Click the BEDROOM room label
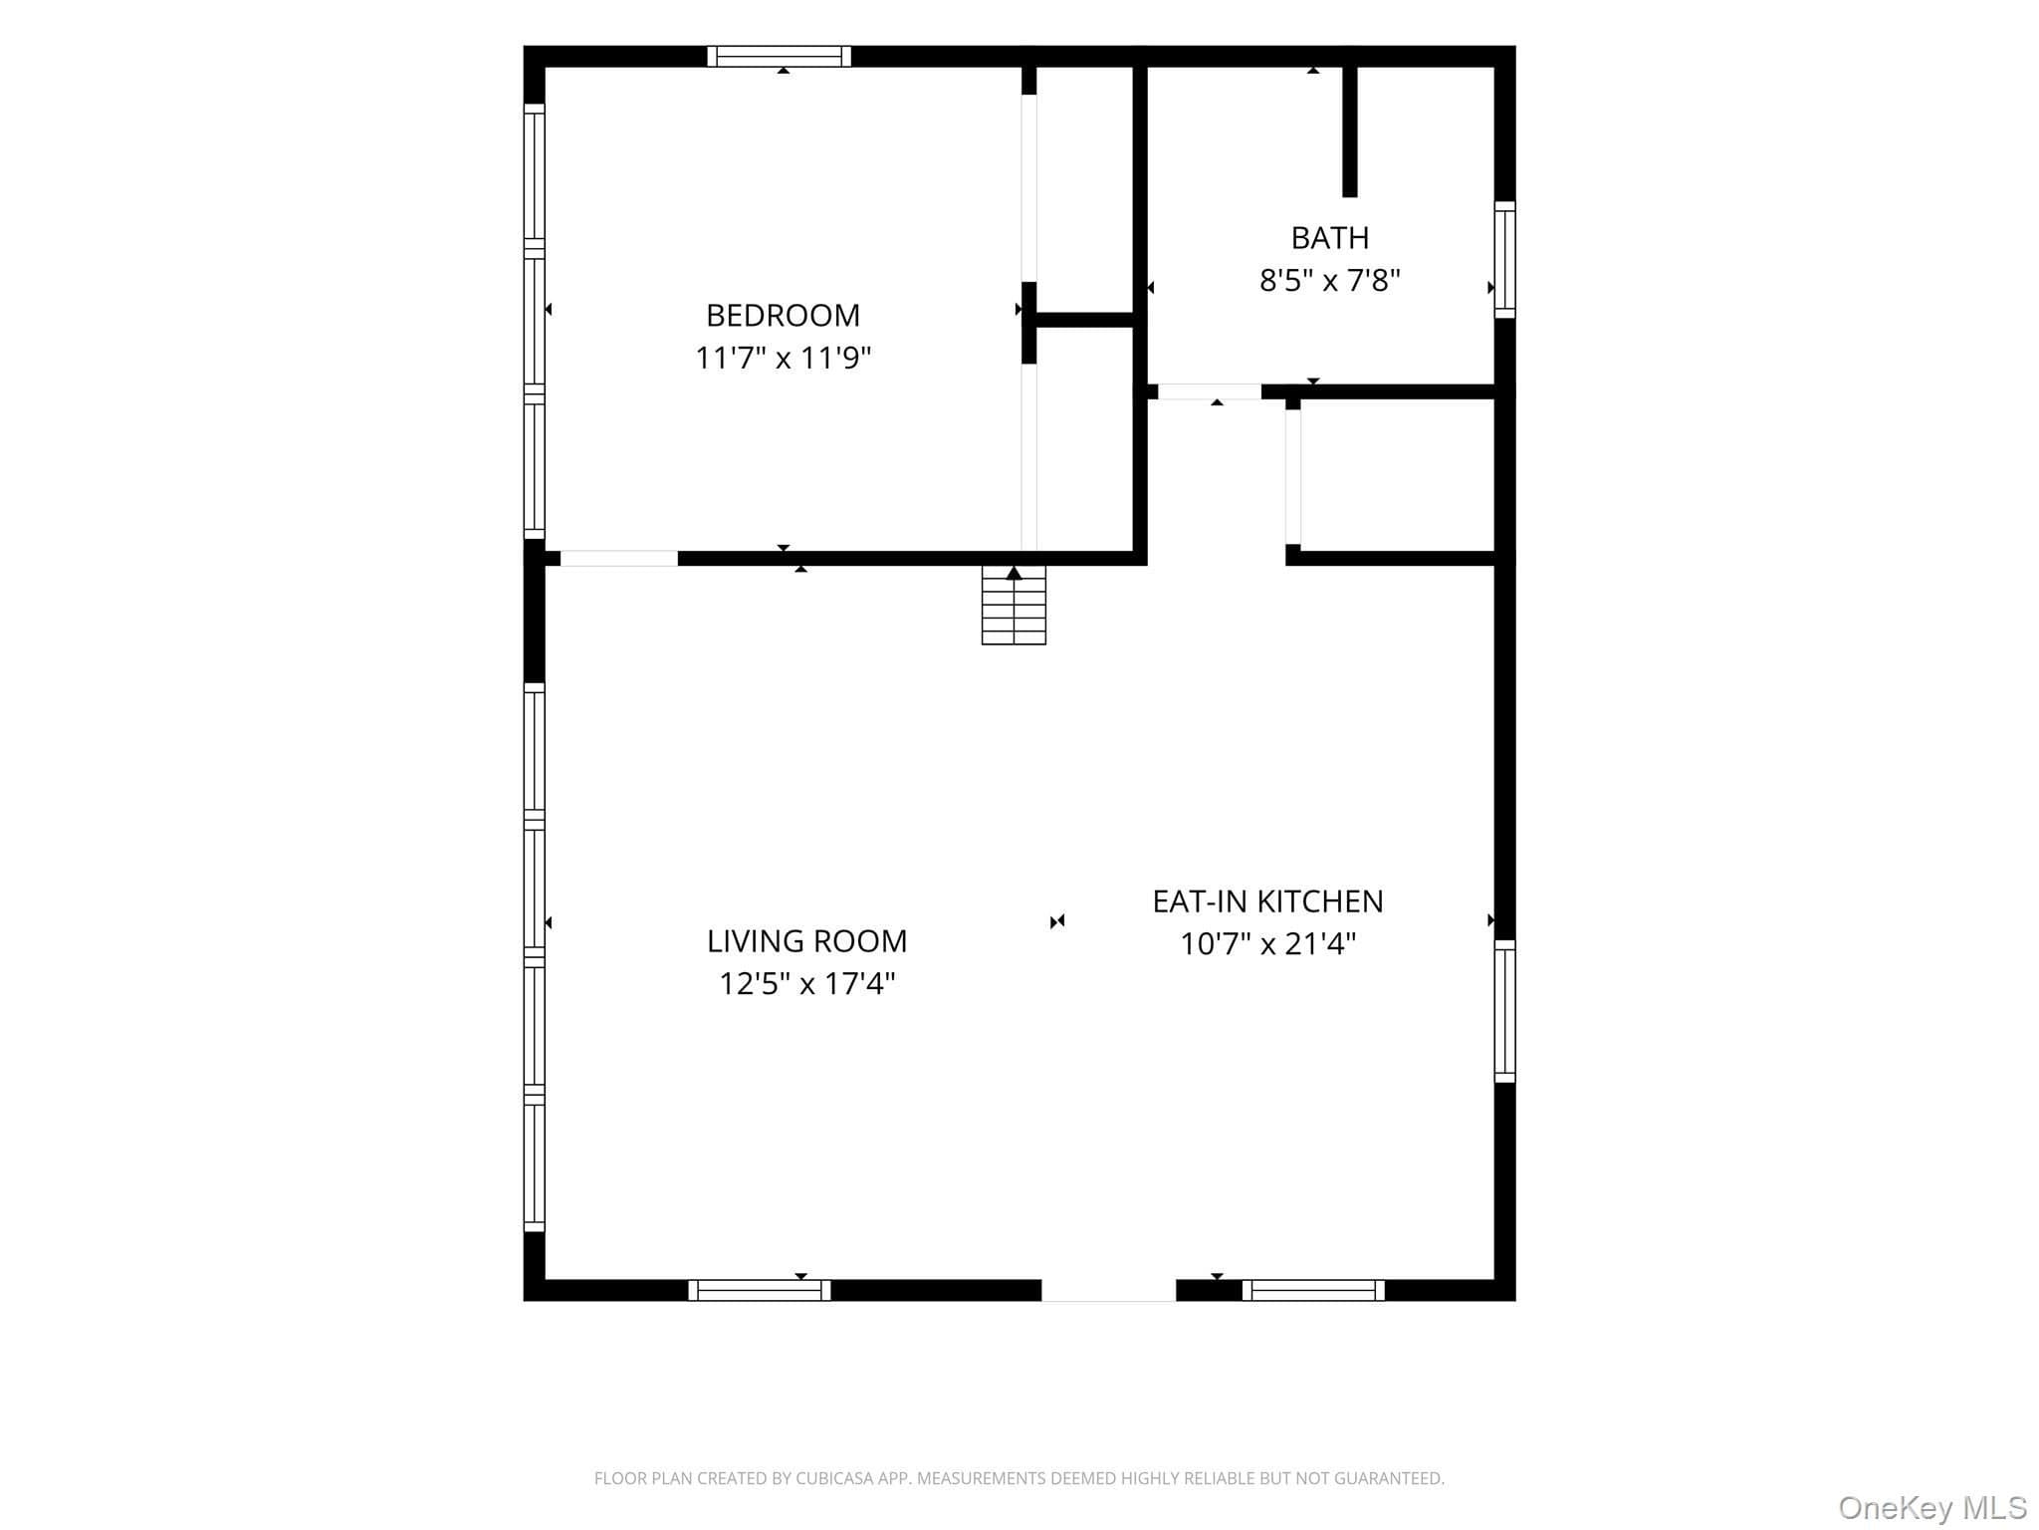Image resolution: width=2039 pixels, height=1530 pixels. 783,315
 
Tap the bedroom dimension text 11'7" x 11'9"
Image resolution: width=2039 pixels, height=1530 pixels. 783,358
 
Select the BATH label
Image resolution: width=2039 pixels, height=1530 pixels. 1330,238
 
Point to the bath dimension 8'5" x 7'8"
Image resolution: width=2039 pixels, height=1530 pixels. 1330,281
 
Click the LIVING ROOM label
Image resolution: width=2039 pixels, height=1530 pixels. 807,941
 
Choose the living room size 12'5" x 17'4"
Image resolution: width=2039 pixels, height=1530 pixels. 807,984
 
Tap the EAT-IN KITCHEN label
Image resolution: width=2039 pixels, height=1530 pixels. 1267,901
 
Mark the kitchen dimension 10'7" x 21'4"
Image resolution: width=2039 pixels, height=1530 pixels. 1267,943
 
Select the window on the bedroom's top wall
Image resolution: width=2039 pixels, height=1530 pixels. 780,56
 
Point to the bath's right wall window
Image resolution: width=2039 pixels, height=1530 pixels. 1505,260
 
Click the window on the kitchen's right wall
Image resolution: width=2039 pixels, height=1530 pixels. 1505,1011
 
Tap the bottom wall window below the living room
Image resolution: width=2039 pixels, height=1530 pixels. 760,1290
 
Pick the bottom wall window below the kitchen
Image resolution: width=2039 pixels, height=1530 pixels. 1313,1290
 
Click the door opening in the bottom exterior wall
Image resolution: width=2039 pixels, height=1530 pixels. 1109,1290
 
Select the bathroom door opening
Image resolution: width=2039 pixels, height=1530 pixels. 1210,391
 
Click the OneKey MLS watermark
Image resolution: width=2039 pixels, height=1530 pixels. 1932,1508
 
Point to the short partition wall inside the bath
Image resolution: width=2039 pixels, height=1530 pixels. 1350,130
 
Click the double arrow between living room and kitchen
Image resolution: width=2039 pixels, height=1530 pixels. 1057,921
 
